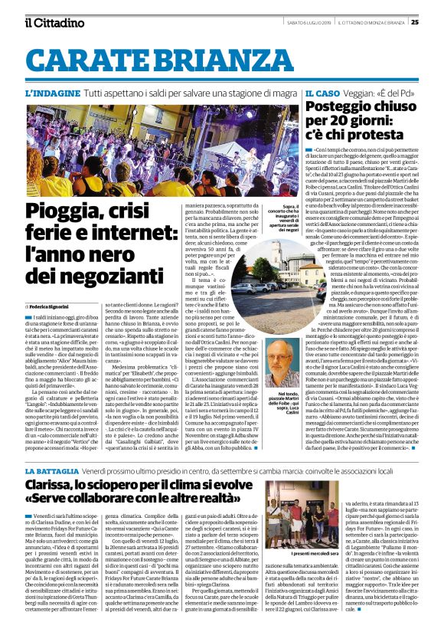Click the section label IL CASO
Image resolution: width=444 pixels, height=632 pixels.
click(322, 93)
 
